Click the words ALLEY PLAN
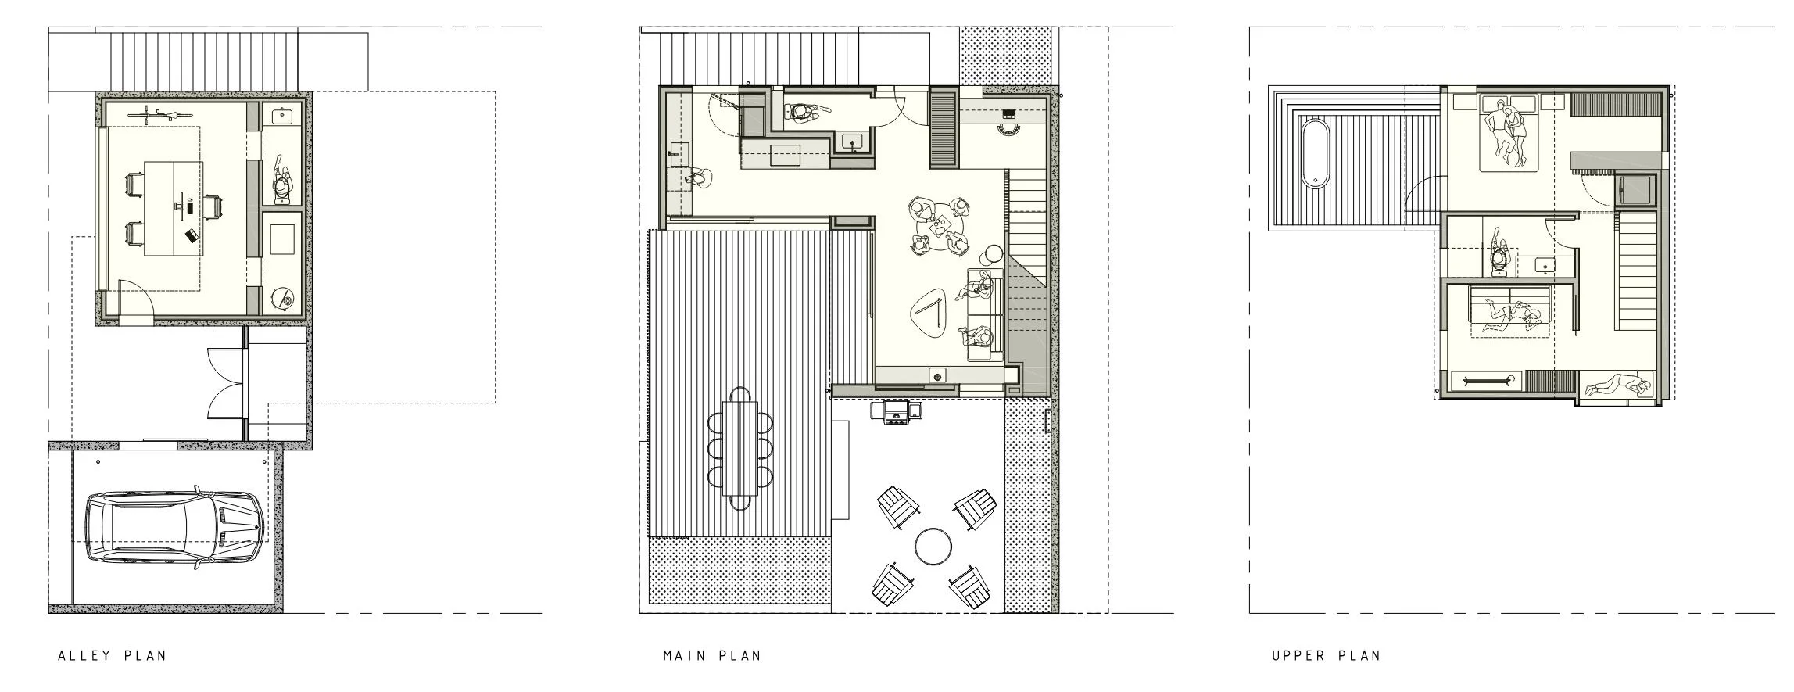[113, 655]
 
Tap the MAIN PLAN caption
[712, 655]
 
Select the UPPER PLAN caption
[1326, 655]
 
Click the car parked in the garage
[174, 528]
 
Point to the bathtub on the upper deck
[1316, 153]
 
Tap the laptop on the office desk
[191, 235]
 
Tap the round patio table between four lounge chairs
[932, 546]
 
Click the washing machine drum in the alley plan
[284, 299]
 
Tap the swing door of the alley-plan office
[136, 298]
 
